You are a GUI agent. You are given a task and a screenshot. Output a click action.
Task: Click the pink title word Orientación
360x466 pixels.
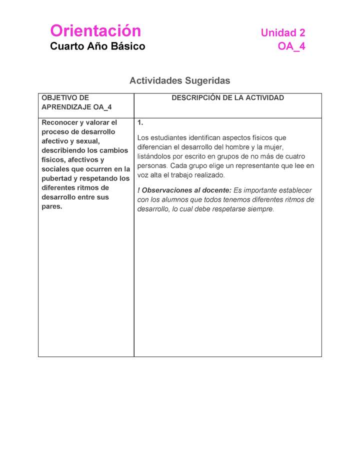coord(95,31)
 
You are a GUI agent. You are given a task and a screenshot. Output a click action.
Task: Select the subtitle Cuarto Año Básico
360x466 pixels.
coord(97,46)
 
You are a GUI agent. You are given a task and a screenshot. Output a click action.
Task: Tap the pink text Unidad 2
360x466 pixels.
coord(282,33)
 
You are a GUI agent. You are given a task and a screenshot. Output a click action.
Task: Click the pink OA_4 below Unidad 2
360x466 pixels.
coord(291,46)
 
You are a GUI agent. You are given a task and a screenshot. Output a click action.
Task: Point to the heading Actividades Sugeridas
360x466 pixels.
coord(179,80)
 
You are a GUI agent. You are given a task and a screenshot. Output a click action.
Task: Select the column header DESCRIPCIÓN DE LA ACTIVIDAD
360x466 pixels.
coord(227,98)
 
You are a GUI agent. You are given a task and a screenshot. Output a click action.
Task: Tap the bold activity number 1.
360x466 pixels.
coord(140,122)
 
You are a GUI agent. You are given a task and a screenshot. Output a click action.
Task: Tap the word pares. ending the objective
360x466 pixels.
coord(52,206)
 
